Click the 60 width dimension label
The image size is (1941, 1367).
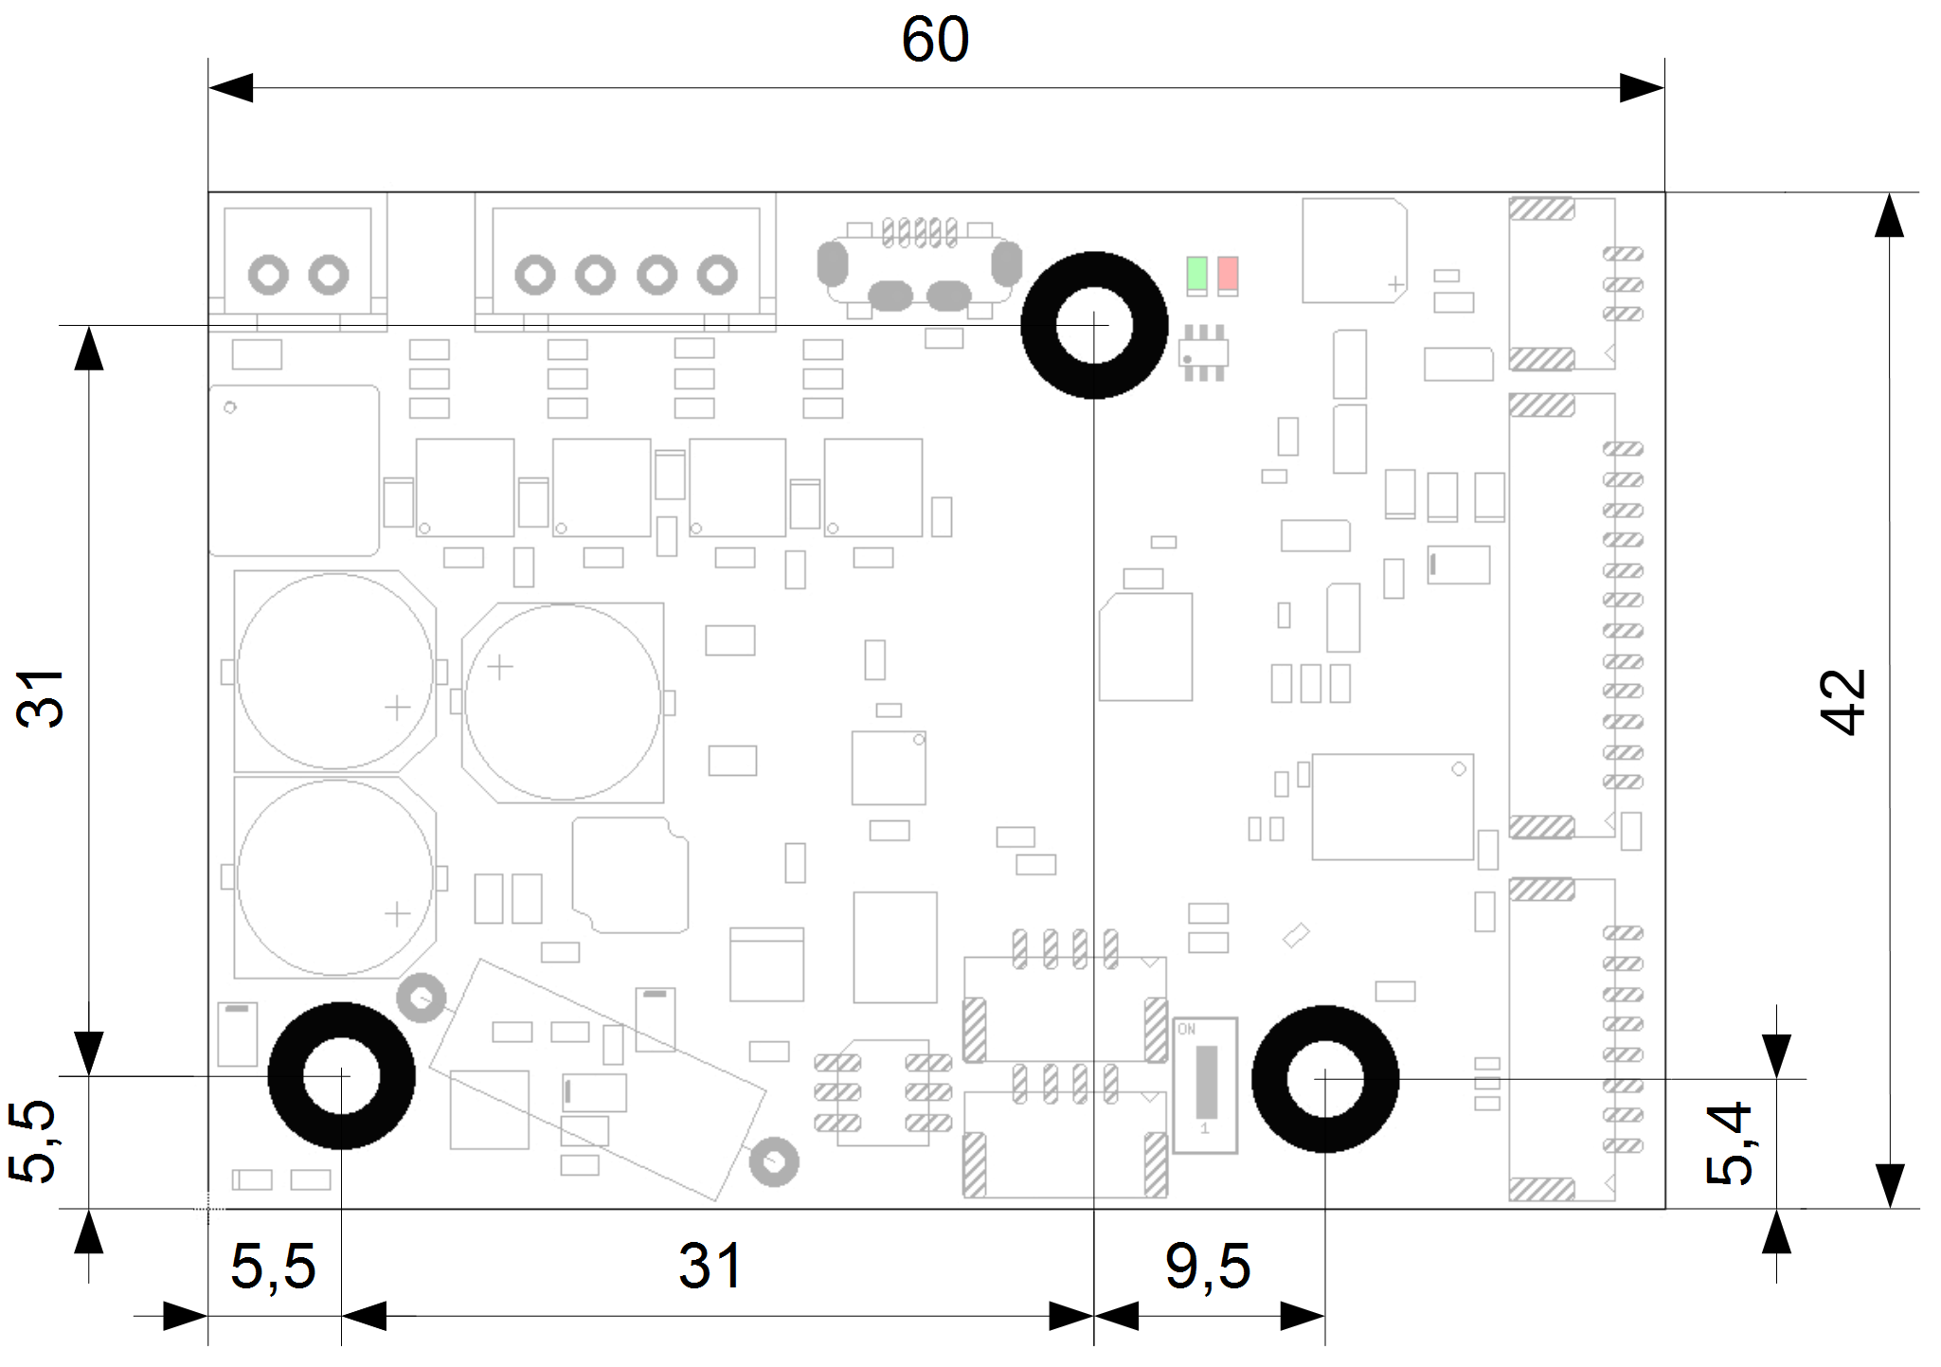935,40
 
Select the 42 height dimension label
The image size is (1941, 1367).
1842,701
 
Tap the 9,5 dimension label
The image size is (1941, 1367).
1208,1267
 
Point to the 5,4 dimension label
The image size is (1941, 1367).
1729,1142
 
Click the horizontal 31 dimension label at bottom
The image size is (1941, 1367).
710,1267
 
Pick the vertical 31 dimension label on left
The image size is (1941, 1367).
40,698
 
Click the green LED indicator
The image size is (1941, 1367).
1196,274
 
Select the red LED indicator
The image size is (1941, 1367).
1228,274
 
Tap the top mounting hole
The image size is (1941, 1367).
1094,325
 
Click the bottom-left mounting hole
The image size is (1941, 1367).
341,1076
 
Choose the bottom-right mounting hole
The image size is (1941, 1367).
1325,1078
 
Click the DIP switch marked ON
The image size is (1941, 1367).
1205,1085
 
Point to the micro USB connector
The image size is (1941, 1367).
919,270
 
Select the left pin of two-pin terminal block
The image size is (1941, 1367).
268,276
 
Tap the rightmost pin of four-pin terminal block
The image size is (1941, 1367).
717,276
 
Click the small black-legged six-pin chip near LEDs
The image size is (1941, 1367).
1203,353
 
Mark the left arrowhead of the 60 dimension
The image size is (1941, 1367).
230,88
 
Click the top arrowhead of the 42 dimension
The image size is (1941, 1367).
1889,216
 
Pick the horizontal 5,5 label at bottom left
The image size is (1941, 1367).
273,1267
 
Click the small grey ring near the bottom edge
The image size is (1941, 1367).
774,1162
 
